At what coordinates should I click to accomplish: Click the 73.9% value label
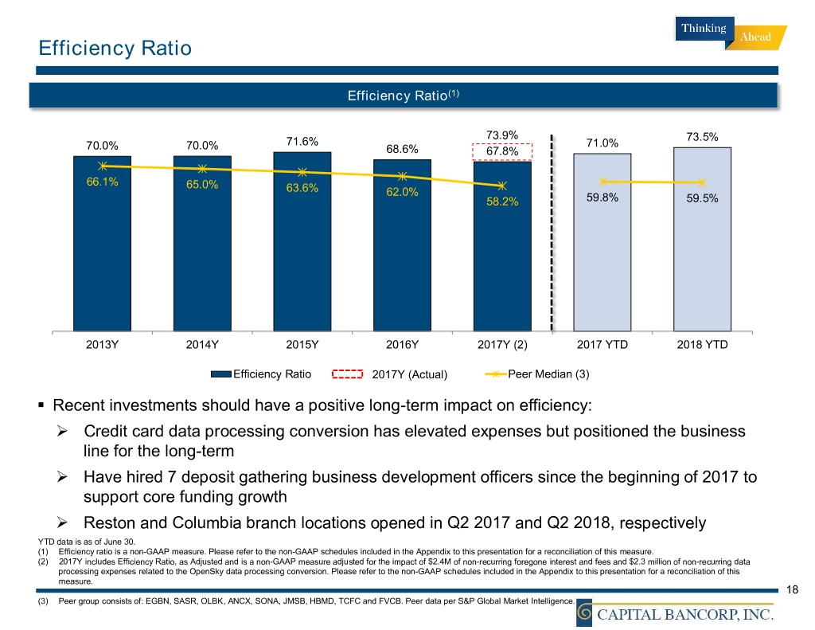502,135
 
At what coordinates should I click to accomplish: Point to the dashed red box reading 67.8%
502,151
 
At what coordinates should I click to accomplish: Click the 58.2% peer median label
502,202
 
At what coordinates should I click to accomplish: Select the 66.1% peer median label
103,182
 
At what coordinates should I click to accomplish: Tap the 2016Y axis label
402,345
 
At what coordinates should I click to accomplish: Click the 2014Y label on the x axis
202,345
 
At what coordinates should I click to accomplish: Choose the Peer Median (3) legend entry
548,374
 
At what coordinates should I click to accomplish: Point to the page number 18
791,589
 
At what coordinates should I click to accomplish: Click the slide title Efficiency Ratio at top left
115,49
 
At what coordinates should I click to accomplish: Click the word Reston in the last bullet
111,523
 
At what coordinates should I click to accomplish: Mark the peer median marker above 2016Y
403,176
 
